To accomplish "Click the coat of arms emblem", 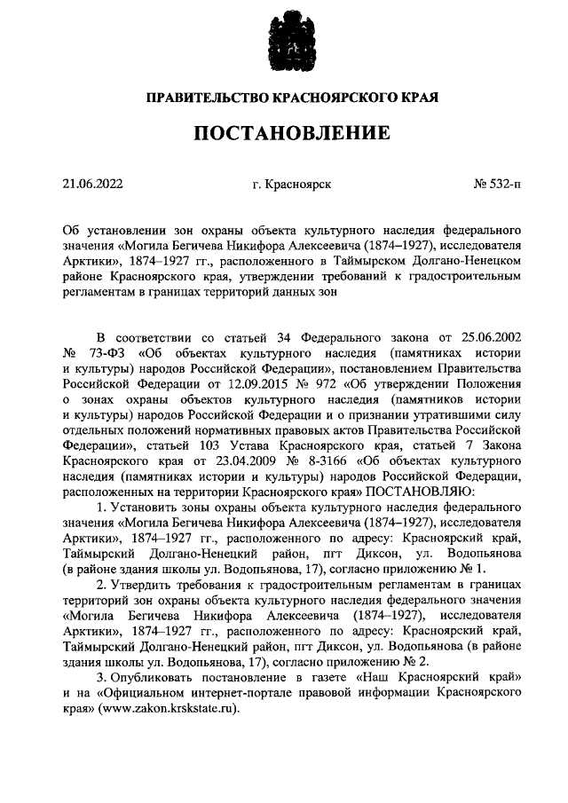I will pos(283,42).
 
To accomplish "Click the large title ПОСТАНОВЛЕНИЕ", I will pos(284,133).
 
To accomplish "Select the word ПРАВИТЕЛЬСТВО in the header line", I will pos(206,97).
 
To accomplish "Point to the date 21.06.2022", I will pos(93,185).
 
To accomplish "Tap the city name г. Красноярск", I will pos(291,185).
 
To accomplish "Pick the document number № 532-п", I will pos(498,185).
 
